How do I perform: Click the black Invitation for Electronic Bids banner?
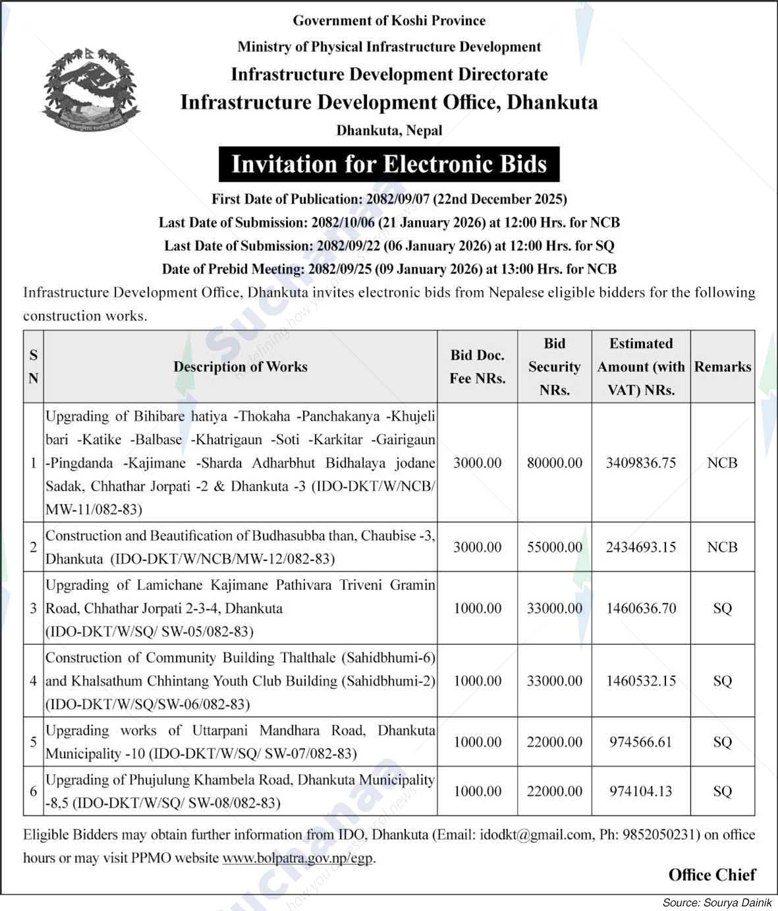pos(389,164)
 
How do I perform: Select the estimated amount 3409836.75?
pos(640,463)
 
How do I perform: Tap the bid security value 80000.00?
pos(554,463)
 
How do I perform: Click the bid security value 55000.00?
pos(554,547)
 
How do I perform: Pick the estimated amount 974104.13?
pos(640,791)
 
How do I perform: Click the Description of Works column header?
pos(240,367)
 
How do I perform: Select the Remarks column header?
pos(722,367)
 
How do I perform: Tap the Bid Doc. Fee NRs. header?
pos(477,367)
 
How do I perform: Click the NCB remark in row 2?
pos(722,547)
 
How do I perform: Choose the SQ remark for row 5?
pos(722,742)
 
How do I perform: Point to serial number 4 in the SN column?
pos(33,681)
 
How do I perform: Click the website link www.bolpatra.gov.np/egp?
pos(298,858)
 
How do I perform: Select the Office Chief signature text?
pos(711,875)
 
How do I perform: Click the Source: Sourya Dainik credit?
pos(716,902)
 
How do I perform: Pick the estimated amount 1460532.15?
pos(640,681)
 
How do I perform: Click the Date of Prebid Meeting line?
pos(389,269)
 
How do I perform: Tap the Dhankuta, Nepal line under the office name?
pos(389,131)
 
